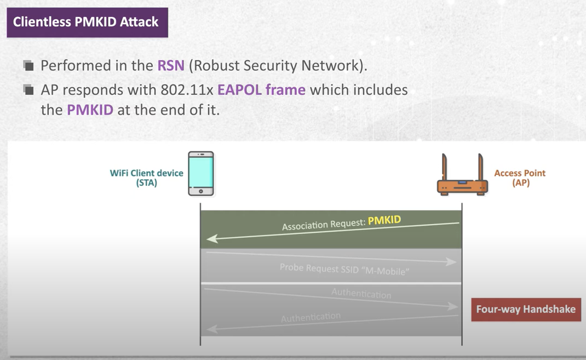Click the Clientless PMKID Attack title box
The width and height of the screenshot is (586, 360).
(x=87, y=22)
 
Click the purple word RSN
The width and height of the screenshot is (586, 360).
(x=170, y=66)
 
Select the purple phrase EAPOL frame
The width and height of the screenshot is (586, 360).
(x=261, y=89)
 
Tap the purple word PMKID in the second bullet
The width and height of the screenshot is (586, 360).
(x=90, y=110)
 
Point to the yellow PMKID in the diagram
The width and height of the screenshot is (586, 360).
(x=384, y=220)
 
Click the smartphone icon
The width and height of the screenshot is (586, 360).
(x=201, y=174)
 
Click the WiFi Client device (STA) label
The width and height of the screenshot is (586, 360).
(x=147, y=178)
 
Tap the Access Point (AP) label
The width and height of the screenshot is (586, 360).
(x=520, y=178)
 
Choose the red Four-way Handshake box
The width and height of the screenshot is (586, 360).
(x=526, y=309)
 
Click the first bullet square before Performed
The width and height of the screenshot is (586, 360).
(x=28, y=66)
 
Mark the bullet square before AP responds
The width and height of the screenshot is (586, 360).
(x=28, y=90)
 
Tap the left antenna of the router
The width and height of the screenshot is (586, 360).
(x=444, y=167)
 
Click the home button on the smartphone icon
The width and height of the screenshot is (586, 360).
(x=201, y=191)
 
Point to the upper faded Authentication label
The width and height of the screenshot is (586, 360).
(x=361, y=294)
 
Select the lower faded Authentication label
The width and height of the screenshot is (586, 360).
(x=311, y=317)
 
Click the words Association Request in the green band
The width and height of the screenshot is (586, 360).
(x=323, y=225)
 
